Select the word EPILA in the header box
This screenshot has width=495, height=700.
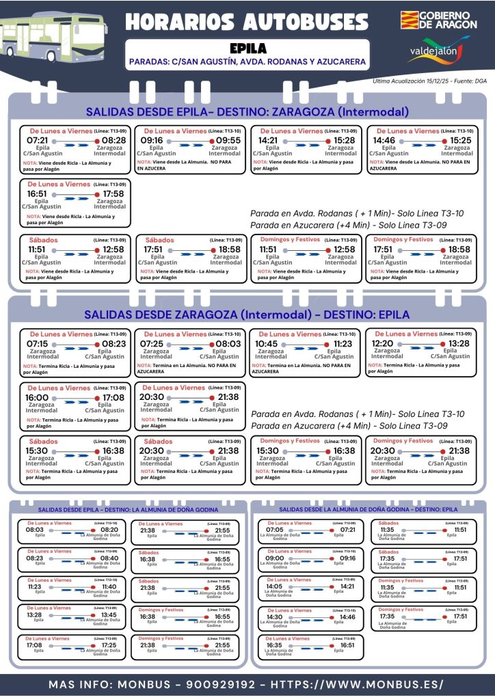pos(247,49)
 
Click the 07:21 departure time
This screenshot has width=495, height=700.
pos(38,141)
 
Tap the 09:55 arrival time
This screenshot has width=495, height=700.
pos(228,141)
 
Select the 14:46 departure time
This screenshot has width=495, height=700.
pos(384,141)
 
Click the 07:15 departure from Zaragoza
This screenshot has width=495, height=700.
pos(38,344)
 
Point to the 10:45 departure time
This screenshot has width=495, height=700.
pos(267,344)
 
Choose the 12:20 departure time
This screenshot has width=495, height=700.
pos(383,344)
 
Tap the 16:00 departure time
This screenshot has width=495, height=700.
pos(38,397)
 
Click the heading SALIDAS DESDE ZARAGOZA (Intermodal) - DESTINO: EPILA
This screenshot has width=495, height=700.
pos(247,315)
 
